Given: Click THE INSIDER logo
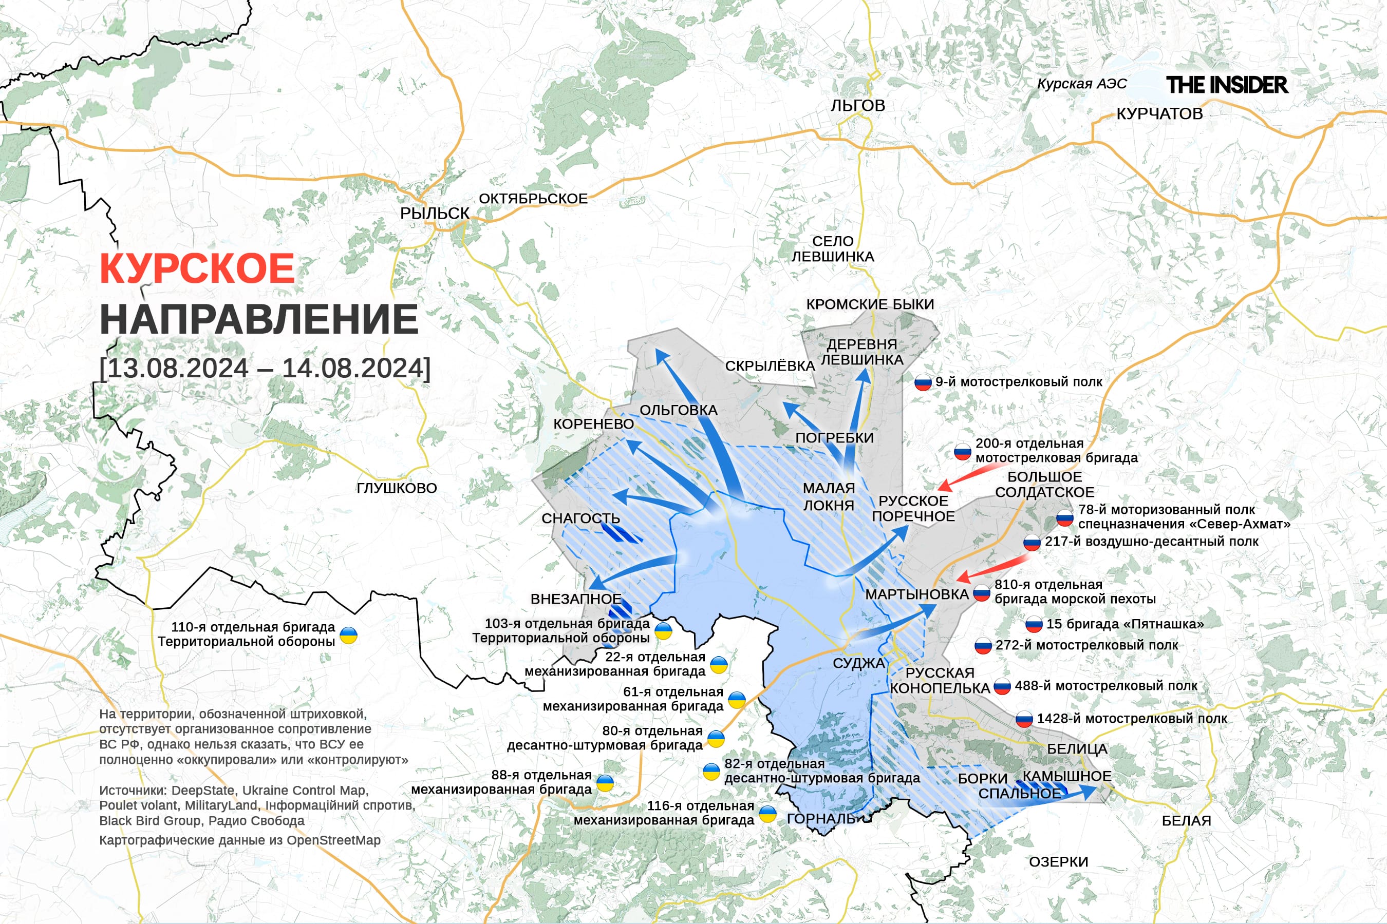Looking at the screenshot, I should pyautogui.click(x=1227, y=85).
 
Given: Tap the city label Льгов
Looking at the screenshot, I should pyautogui.click(x=857, y=105).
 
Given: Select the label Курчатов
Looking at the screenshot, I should pyautogui.click(x=1159, y=114).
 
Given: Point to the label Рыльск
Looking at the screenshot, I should pyautogui.click(x=435, y=214).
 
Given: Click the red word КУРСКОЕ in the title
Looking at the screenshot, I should pyautogui.click(x=197, y=268).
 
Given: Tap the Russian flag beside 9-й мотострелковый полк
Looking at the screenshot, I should pyautogui.click(x=923, y=383).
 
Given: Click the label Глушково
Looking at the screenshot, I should pyautogui.click(x=396, y=488).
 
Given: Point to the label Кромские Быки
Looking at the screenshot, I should pyautogui.click(x=870, y=304).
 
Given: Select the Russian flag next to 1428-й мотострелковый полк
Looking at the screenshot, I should pyautogui.click(x=1024, y=720).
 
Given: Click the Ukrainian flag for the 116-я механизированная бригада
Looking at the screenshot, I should pyautogui.click(x=767, y=814).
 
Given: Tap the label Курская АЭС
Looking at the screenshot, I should pyautogui.click(x=1081, y=84).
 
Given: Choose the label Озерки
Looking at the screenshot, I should pyautogui.click(x=1059, y=861).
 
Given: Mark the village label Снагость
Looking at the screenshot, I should pyautogui.click(x=580, y=518).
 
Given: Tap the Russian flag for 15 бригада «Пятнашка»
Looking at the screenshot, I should pyautogui.click(x=1034, y=625).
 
